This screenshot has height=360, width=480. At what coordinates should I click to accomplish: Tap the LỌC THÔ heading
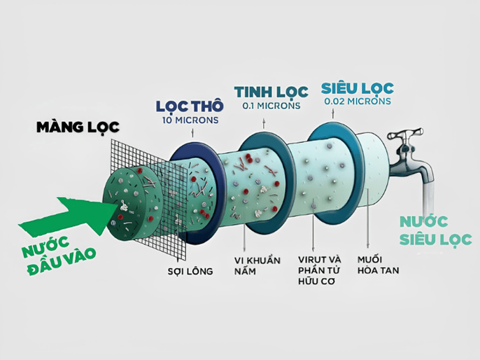190,106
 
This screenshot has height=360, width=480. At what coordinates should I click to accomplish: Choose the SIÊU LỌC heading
357,88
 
